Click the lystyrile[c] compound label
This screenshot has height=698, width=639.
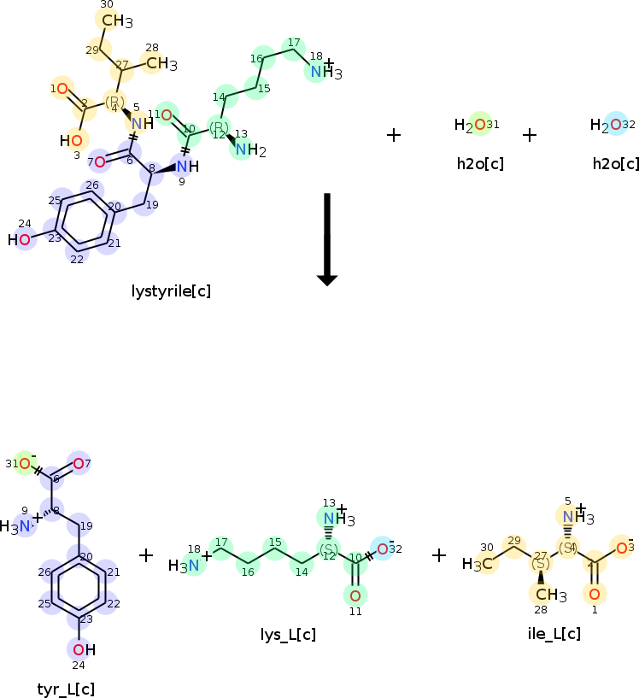[171, 291]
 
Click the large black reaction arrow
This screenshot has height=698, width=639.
[327, 239]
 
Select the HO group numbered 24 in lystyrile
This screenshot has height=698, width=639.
[21, 240]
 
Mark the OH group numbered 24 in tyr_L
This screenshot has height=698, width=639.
[83, 649]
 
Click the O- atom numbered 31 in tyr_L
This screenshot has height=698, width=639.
[26, 464]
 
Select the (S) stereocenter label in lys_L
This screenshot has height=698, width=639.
[328, 548]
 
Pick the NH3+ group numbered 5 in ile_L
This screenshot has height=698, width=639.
[574, 517]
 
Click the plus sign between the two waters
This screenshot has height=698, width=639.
[530, 135]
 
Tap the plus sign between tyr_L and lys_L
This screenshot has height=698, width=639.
[146, 555]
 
